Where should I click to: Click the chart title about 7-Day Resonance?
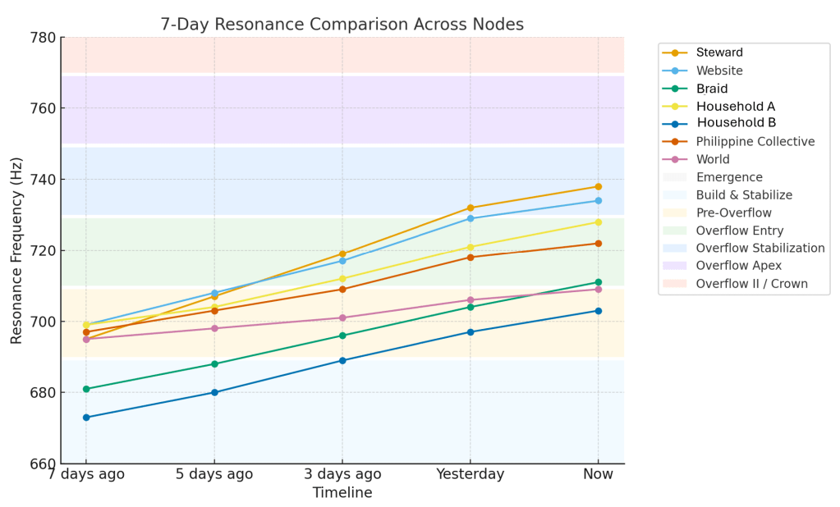342,25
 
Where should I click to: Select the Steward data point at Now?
598,187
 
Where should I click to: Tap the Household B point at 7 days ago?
86,418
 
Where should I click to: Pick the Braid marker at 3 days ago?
342,336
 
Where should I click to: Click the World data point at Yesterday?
470,300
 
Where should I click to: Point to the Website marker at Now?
598,201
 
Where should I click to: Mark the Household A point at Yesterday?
470,247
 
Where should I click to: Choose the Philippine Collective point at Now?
598,244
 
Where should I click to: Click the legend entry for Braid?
711,89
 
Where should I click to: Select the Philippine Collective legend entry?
755,142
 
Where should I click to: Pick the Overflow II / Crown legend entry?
751,284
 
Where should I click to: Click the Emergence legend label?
729,177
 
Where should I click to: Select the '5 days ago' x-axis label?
214,474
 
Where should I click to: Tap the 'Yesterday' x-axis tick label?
470,474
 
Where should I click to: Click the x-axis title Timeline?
342,493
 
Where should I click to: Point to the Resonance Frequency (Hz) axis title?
16,250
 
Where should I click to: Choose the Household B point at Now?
598,311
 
